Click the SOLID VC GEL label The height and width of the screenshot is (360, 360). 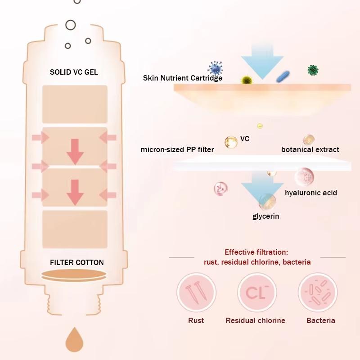[x=74, y=72]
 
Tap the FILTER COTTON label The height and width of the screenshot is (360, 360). [x=76, y=262]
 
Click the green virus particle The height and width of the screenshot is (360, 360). [x=313, y=70]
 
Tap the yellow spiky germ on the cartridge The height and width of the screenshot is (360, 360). [x=246, y=80]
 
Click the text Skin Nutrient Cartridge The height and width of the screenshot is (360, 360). [x=182, y=78]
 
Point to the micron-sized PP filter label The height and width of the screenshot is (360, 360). [x=177, y=149]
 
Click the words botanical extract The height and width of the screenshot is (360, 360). [x=310, y=149]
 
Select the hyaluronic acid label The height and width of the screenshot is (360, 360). [x=311, y=193]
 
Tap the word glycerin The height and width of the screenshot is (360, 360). [x=265, y=216]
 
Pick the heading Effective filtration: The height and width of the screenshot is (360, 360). [x=256, y=252]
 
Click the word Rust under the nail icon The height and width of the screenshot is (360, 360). [x=196, y=320]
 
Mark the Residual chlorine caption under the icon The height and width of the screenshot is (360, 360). [x=255, y=320]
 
